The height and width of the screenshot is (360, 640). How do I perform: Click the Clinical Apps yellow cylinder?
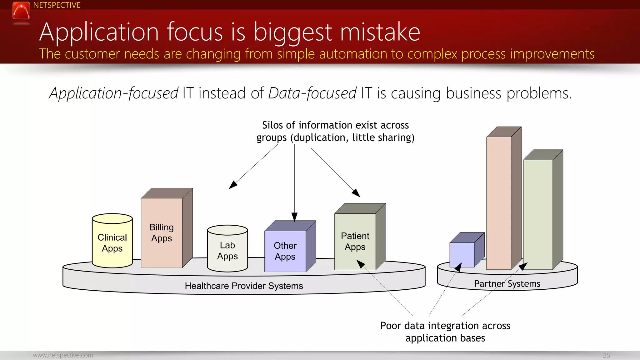(x=112, y=242)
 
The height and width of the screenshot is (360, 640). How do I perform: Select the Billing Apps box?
(x=162, y=233)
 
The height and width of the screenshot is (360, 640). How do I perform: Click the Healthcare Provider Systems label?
(x=244, y=286)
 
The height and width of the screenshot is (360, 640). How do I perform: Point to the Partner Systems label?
(x=507, y=284)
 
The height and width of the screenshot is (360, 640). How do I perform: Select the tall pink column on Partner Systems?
(x=499, y=203)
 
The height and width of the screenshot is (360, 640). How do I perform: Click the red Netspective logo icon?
(x=21, y=11)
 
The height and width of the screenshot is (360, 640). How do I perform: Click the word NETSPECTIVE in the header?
(x=57, y=5)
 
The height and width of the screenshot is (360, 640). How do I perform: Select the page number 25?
(x=606, y=356)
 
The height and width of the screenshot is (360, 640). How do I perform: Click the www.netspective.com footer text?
(x=63, y=355)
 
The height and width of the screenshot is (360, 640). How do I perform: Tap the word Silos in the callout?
(x=272, y=125)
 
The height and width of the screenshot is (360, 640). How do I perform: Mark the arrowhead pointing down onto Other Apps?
(x=294, y=217)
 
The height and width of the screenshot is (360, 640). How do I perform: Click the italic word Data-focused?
(x=312, y=93)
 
